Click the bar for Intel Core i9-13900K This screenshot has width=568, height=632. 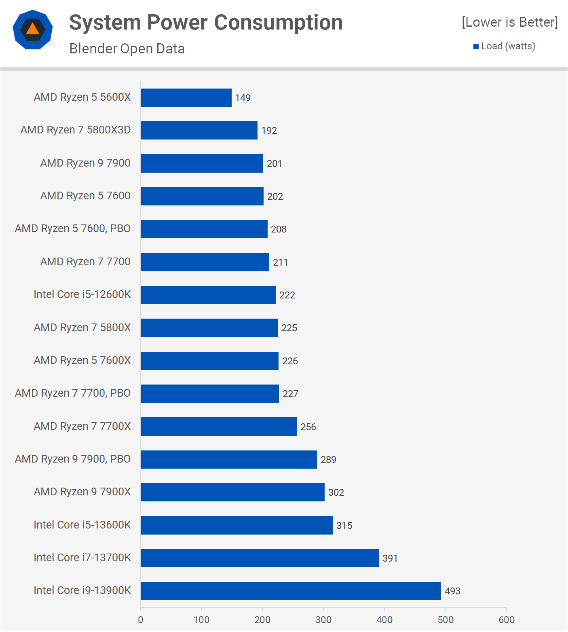(291, 591)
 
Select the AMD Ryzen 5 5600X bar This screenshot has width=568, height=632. (186, 97)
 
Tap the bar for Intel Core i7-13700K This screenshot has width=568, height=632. (260, 558)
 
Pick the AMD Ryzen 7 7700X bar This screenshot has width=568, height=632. (218, 427)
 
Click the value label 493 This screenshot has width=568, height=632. (452, 591)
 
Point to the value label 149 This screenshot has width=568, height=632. (243, 98)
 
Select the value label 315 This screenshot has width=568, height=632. (344, 525)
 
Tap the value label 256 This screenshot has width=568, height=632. (308, 427)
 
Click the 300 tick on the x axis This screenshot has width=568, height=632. (323, 619)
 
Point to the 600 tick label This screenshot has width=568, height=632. (506, 619)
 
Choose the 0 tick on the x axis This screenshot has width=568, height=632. (141, 619)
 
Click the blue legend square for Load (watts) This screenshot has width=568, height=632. (476, 47)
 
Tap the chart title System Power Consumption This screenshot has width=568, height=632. (206, 22)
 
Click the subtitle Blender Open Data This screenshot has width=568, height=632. (127, 49)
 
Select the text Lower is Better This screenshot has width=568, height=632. (509, 22)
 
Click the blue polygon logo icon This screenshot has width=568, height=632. (33, 30)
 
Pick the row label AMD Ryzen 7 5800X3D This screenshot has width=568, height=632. (76, 130)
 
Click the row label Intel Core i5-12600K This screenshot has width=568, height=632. (82, 294)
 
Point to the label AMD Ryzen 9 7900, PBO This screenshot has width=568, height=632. (73, 459)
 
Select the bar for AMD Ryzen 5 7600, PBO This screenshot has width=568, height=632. (204, 229)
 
